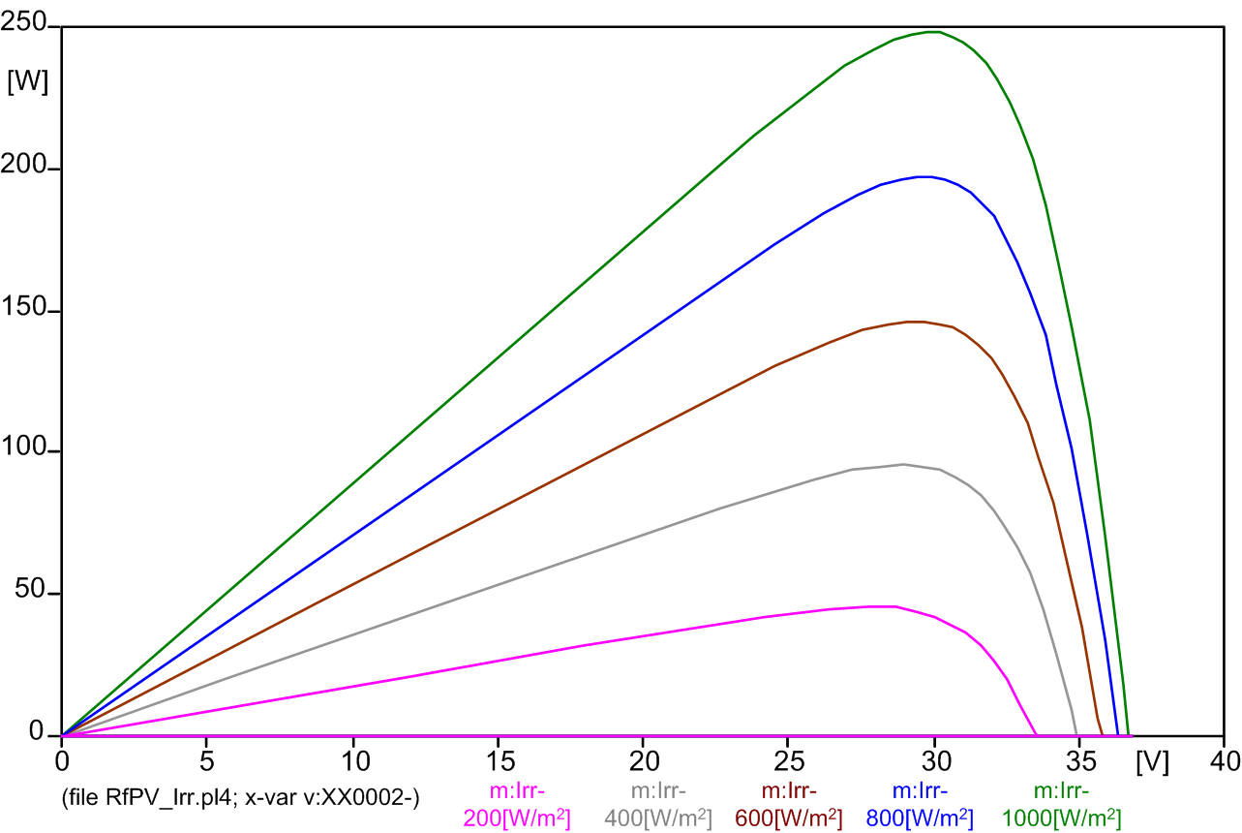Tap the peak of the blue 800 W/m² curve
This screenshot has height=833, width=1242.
tap(924, 176)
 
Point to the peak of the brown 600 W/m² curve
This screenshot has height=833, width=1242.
tap(915, 322)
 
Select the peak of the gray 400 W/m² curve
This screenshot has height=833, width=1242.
tap(903, 464)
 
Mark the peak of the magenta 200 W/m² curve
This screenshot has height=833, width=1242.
tap(881, 606)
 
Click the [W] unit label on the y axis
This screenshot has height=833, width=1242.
tap(27, 81)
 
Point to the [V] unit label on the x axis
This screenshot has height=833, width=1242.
tap(1152, 762)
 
